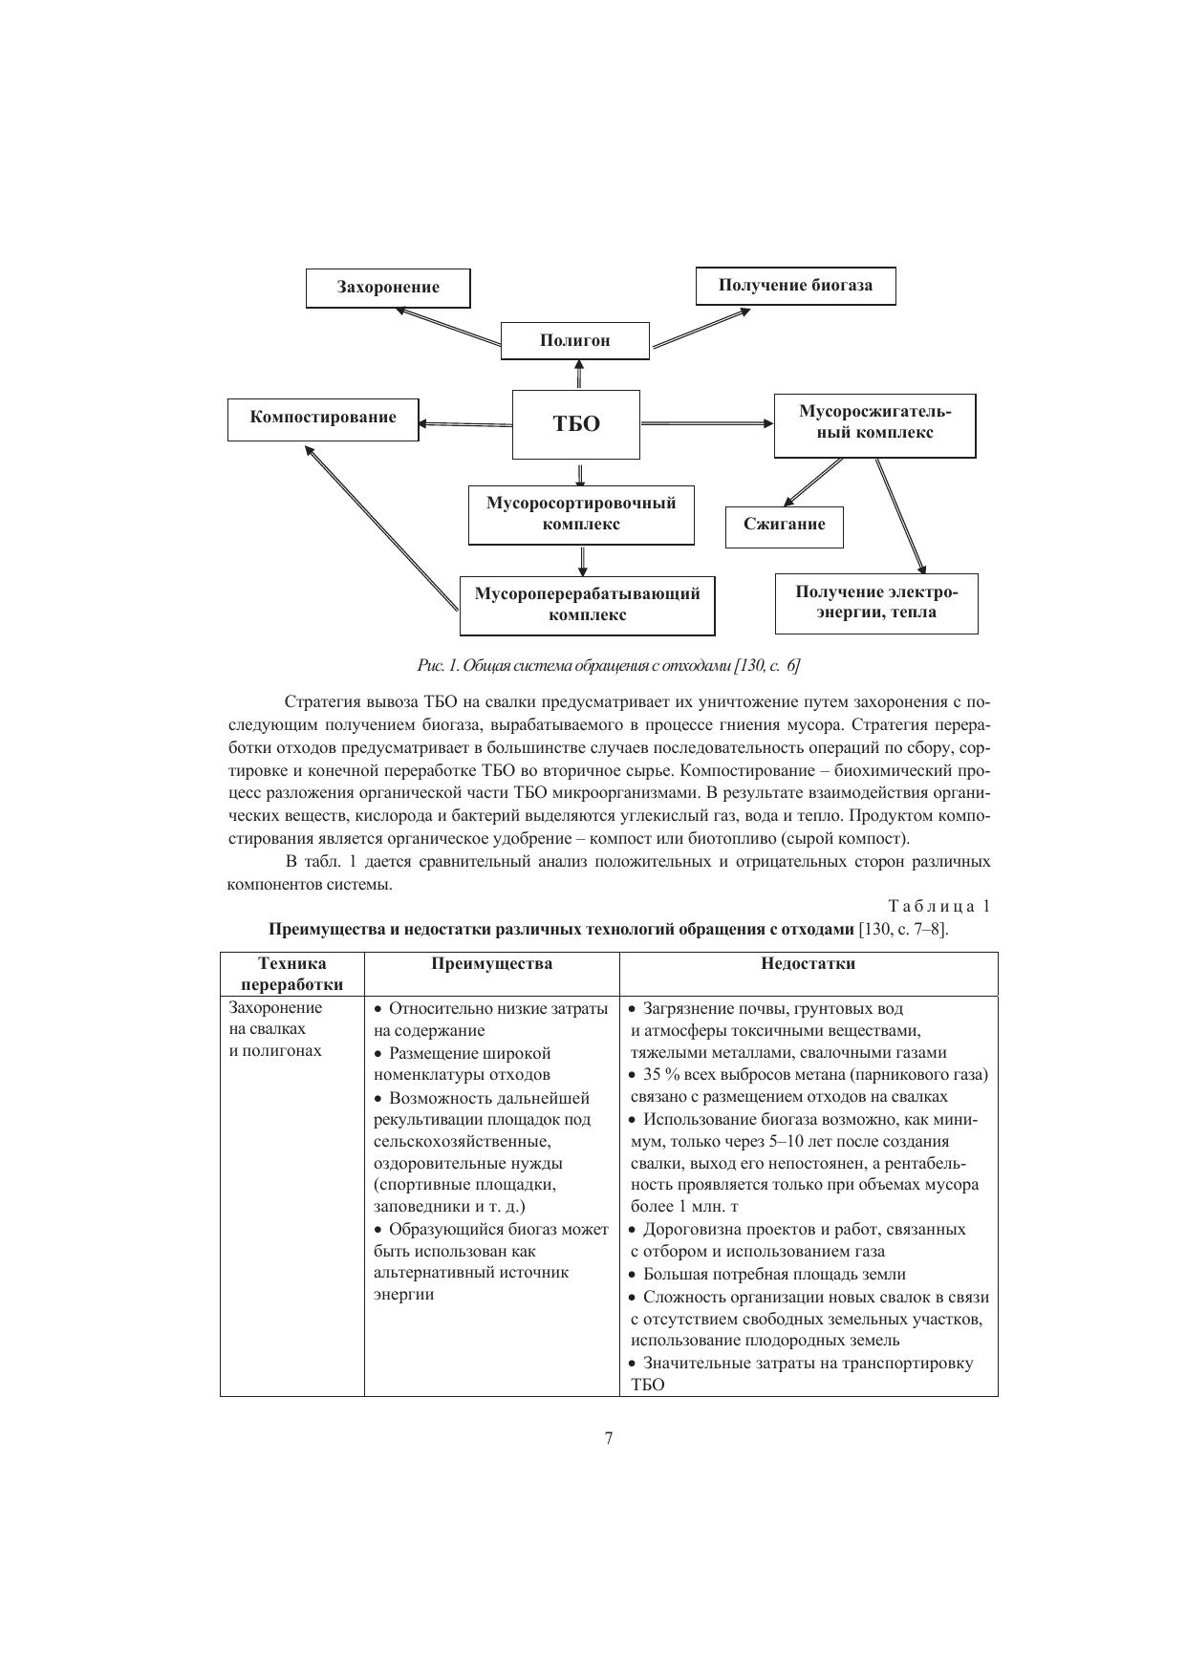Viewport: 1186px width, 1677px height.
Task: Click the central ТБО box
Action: (576, 424)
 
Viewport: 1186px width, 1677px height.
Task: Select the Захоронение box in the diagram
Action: (388, 288)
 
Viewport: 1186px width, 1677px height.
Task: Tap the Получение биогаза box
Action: (795, 286)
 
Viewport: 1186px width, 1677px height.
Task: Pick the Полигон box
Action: (574, 340)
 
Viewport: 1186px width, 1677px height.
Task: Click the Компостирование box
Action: (323, 419)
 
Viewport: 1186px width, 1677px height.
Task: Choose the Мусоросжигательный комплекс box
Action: (874, 423)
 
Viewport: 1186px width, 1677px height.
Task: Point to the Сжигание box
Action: (784, 526)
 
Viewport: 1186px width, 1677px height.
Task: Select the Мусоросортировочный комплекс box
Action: (581, 514)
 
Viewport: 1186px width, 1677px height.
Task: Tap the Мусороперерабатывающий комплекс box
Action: (587, 605)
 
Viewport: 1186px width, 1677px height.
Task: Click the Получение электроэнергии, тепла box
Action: (876, 603)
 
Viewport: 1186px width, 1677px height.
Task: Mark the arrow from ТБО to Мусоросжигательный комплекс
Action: (707, 423)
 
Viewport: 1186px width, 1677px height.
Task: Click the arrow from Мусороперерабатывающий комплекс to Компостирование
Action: (382, 527)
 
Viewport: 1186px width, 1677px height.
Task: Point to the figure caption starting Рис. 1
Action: (608, 664)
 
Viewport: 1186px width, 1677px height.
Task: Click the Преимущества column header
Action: (491, 963)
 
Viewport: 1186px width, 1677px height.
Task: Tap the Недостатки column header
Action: (808, 963)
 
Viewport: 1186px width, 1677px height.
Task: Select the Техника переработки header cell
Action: (291, 974)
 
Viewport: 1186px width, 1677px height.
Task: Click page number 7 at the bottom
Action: (608, 1439)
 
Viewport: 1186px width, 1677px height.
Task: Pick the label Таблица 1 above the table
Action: (938, 906)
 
